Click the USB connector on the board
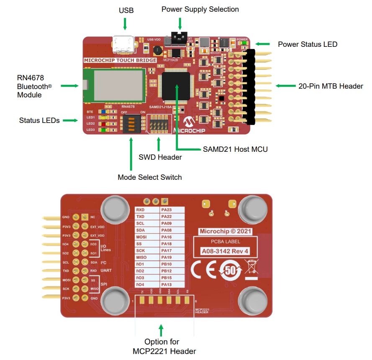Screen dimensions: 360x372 123,45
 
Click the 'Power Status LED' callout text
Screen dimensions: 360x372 308,44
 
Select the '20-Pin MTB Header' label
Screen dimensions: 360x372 331,86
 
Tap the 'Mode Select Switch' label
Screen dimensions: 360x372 150,177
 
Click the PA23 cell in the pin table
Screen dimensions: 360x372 172,210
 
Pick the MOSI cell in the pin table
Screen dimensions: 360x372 147,237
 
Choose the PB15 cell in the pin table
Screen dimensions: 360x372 172,278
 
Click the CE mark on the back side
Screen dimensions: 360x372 205,271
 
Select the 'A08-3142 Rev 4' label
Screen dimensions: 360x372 225,251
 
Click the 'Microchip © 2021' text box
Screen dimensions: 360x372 225,231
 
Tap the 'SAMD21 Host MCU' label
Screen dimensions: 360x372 235,149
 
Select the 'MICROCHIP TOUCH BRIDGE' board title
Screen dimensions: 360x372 120,60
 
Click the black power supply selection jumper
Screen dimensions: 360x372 179,38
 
